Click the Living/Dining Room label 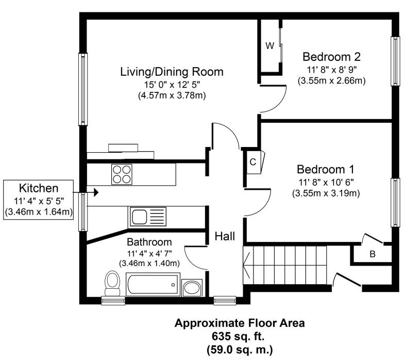coord(172,72)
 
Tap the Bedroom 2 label coord(332,57)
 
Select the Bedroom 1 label coord(326,169)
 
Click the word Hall coord(225,236)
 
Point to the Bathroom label coord(149,242)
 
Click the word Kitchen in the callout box coord(39,188)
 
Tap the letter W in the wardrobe coord(270,46)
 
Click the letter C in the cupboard coord(253,162)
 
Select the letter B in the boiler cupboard coord(373,254)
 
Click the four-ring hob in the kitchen coord(122,174)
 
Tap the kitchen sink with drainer coord(147,217)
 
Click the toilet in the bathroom coord(112,283)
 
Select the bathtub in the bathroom coord(153,285)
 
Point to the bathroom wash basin coord(192,288)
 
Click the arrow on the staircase coord(246,265)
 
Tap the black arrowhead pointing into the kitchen coord(96,192)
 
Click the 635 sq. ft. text coord(238,336)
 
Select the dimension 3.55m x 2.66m coord(332,80)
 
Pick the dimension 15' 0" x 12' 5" coord(172,85)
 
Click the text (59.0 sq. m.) coord(240,350)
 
